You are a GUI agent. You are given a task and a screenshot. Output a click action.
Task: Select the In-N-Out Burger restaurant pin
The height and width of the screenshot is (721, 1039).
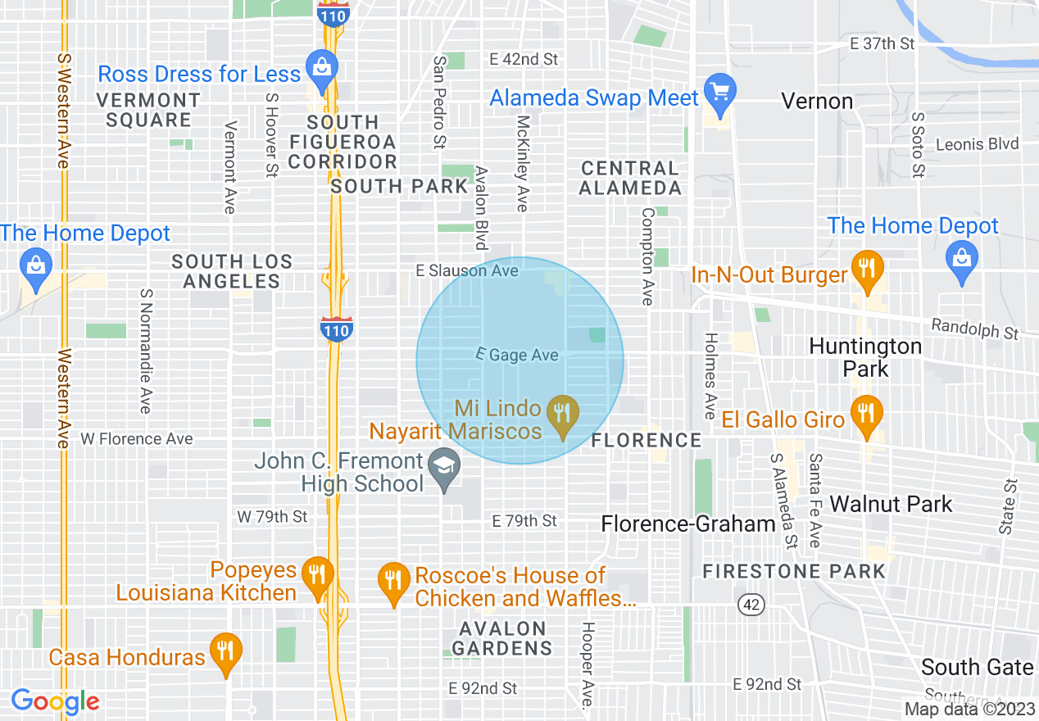[x=865, y=267]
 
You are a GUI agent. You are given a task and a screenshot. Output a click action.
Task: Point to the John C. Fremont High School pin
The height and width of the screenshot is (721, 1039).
[x=444, y=468]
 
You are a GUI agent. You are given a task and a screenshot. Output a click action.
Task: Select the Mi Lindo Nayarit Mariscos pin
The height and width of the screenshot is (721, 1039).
[x=562, y=413]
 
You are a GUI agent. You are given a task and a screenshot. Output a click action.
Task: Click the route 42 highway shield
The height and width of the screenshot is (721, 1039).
[x=751, y=605]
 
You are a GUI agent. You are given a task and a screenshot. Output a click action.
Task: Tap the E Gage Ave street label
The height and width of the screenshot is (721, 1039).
[x=518, y=355]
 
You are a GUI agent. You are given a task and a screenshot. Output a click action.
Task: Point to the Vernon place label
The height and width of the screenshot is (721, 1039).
[x=817, y=102]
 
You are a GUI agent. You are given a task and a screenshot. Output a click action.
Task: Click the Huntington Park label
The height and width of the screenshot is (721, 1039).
[x=865, y=357]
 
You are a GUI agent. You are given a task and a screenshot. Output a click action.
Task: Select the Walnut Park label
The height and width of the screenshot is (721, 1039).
[x=892, y=503]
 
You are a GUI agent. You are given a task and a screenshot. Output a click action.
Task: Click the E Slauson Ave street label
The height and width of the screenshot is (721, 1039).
[x=467, y=270]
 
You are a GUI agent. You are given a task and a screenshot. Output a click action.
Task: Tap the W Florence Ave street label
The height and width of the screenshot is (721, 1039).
[x=137, y=439]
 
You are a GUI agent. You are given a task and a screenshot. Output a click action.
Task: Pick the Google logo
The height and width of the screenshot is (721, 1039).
[x=55, y=701]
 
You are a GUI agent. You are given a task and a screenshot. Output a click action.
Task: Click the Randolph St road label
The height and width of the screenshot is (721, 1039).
[x=975, y=329]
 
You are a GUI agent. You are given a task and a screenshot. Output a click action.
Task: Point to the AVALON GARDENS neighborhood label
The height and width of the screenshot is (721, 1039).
[x=502, y=638]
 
